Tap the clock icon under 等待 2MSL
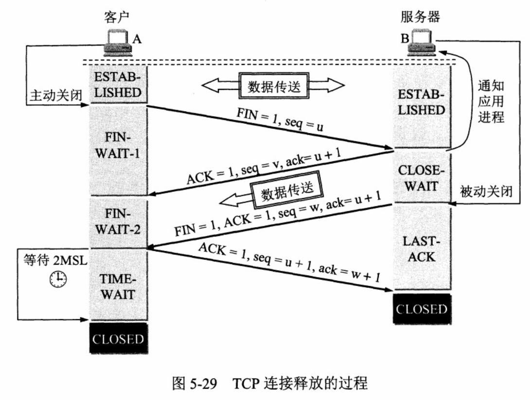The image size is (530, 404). tap(58, 278)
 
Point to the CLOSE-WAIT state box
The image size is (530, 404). tap(422, 178)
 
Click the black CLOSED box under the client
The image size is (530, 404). tap(118, 338)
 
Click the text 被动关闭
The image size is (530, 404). tap(486, 191)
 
